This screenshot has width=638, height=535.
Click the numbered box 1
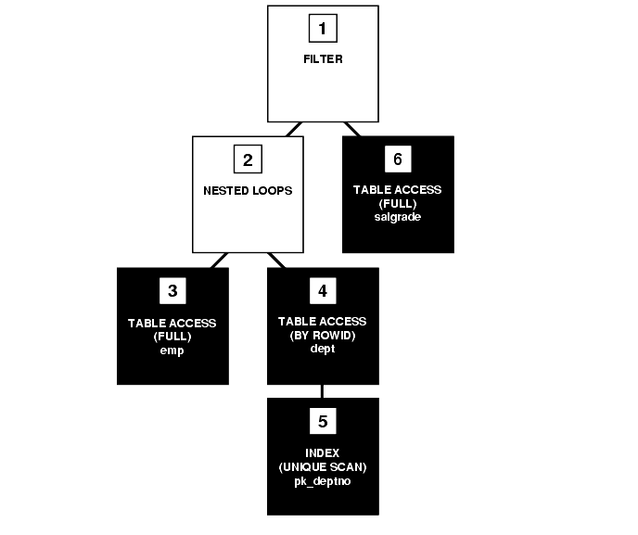click(322, 28)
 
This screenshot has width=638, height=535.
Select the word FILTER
click(323, 58)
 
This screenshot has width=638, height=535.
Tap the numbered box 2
click(248, 159)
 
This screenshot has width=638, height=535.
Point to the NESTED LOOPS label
click(248, 190)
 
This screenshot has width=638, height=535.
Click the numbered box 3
click(172, 291)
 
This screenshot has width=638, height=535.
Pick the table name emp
click(172, 350)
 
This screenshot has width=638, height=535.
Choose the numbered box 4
click(322, 291)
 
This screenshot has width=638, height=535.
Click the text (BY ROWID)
click(323, 336)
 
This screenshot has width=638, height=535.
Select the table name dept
click(323, 350)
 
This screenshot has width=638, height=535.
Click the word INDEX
click(323, 452)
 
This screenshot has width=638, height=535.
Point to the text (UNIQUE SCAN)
click(323, 466)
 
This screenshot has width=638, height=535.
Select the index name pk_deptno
click(323, 481)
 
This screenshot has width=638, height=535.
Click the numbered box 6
click(397, 159)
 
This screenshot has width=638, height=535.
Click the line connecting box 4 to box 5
click(322, 391)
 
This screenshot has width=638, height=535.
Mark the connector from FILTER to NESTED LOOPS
click(295, 129)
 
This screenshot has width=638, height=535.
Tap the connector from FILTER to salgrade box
click(351, 129)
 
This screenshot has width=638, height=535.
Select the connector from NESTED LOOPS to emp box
click(219, 261)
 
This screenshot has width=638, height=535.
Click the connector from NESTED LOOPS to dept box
click(276, 261)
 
